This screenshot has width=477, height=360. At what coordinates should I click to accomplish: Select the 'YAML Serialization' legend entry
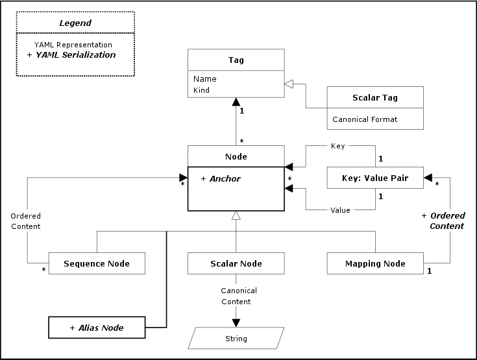coord(71,55)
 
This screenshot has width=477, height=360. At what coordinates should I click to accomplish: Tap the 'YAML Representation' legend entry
coord(73,44)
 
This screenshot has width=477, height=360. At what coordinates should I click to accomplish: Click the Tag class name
coord(236,60)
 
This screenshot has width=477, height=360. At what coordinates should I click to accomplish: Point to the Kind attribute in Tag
coord(201,90)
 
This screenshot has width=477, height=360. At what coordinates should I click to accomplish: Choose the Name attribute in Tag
coord(204,79)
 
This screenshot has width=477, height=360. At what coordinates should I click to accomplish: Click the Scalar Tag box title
coord(374,98)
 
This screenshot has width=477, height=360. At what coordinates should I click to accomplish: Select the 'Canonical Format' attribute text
coord(365,119)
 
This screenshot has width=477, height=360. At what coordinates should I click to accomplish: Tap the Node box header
coord(236,156)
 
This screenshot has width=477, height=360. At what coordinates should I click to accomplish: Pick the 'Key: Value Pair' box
coord(374,177)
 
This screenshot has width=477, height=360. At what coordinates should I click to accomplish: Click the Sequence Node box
coord(96,263)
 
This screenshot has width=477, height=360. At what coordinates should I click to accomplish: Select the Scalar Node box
coord(236,263)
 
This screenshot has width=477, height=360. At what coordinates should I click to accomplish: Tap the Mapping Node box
coord(374,263)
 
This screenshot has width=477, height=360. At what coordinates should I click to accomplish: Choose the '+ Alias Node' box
coord(96,328)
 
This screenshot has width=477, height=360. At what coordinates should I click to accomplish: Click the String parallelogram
coord(236,338)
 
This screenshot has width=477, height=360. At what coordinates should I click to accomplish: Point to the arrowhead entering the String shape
coord(236,322)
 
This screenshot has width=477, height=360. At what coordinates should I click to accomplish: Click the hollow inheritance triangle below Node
coord(236,215)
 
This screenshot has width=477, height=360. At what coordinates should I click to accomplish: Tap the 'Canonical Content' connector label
coord(239,296)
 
